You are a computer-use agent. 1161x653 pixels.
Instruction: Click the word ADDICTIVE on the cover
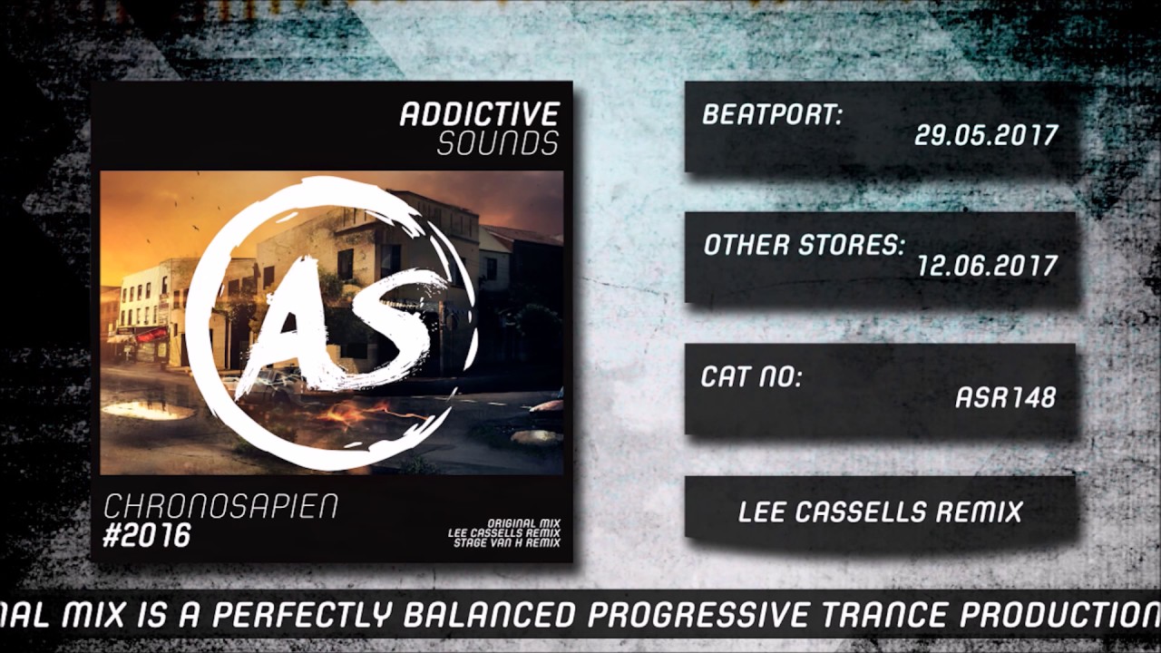[x=480, y=114]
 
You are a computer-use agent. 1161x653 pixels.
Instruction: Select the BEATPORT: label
[x=772, y=114]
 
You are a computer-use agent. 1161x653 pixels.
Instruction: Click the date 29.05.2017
[x=986, y=136]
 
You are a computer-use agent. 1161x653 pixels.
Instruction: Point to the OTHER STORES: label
[x=804, y=245]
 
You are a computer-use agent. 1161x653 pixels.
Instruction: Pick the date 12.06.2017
[x=987, y=267]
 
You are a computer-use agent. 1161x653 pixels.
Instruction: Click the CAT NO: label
[x=751, y=376]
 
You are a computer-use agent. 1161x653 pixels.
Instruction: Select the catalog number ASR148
[x=1006, y=398]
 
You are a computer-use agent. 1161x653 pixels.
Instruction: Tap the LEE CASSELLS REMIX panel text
[x=880, y=512]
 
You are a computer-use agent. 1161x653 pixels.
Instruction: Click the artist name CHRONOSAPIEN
[x=221, y=506]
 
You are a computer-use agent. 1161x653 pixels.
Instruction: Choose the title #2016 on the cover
[x=147, y=535]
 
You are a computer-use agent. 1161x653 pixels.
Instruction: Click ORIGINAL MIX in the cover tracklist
[x=523, y=523]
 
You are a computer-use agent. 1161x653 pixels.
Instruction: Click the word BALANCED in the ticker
[x=489, y=615]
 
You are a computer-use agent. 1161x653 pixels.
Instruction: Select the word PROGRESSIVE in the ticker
[x=698, y=615]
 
